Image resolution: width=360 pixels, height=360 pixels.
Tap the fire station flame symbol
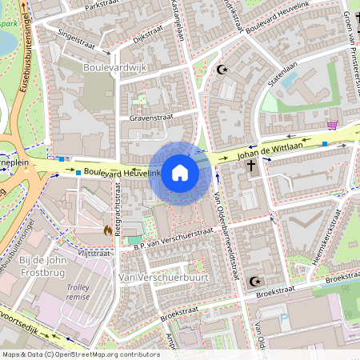coord(107,230)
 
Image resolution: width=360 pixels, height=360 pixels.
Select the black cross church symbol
coord(251,166)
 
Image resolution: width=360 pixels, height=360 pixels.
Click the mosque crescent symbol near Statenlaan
coord(222,70)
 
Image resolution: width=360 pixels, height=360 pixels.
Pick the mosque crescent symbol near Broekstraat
coord(255,281)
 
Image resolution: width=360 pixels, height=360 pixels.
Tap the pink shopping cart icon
coord(332,125)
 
